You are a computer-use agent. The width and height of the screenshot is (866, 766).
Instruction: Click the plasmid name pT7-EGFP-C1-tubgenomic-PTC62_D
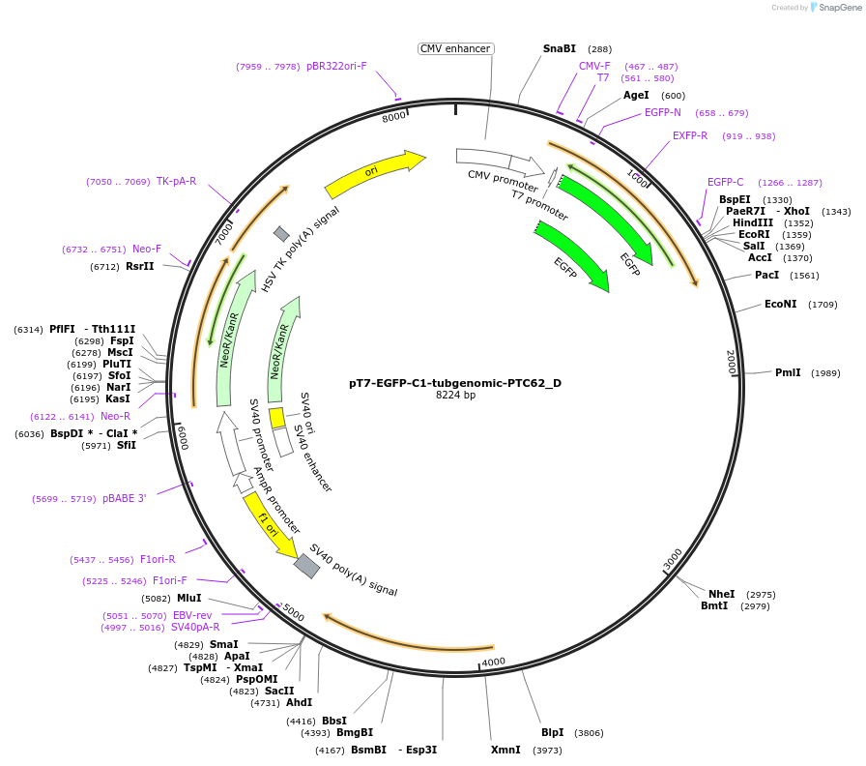point(454,383)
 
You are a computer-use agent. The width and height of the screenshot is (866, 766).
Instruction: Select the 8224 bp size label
point(455,396)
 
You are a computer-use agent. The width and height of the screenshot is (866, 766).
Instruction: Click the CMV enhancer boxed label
point(456,48)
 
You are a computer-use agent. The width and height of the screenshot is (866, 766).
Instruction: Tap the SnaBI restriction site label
point(559,48)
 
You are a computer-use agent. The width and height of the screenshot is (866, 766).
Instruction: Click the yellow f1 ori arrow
point(270,523)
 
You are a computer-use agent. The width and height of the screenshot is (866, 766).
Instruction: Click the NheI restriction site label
point(721,594)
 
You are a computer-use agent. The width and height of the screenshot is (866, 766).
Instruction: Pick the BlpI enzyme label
point(553,732)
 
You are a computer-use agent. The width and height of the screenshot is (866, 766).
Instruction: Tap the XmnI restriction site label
point(505,750)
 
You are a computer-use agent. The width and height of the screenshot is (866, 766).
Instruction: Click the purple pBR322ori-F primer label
point(336,66)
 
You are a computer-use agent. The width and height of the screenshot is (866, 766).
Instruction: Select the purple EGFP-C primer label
point(725,182)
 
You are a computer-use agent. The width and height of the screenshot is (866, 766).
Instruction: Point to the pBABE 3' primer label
point(125,499)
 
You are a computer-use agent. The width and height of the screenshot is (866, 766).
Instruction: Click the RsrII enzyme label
point(140,266)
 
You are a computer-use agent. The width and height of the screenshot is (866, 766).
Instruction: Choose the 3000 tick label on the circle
point(673,559)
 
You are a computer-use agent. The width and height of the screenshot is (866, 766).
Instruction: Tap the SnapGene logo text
point(837,8)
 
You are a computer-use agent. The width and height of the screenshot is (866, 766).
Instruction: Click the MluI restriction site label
point(188,598)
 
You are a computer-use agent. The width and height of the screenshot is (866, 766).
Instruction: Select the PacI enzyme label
point(766,275)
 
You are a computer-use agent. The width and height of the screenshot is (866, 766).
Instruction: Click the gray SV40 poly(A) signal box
point(306,566)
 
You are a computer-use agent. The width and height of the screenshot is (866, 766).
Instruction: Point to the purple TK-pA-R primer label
point(176,181)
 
